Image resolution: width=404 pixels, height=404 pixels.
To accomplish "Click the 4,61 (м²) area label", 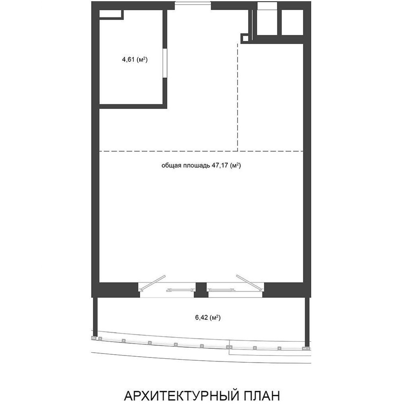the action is [135, 60].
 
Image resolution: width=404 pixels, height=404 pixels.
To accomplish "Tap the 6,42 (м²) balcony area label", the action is [208, 318].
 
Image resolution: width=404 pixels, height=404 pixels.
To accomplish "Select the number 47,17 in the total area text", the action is [220, 165].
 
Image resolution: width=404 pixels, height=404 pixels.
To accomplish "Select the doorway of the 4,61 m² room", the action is [165, 63].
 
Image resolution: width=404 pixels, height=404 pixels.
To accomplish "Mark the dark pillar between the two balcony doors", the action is [200, 290].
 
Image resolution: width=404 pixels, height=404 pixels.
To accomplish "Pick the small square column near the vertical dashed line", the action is [245, 38].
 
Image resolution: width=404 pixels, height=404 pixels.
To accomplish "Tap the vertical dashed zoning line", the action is [238, 97].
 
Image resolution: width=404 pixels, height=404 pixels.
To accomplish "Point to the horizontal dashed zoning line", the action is [201, 151].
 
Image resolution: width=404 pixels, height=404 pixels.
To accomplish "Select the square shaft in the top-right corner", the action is [292, 22].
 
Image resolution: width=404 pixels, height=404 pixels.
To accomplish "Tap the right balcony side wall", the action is [307, 322].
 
